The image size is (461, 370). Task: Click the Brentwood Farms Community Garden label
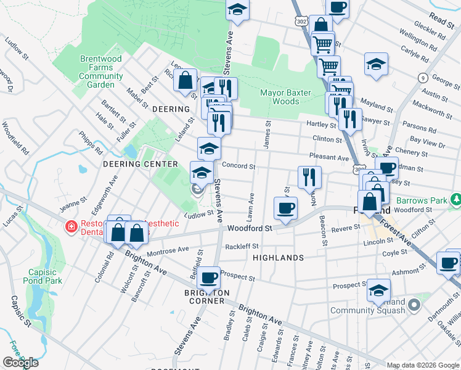[97, 72]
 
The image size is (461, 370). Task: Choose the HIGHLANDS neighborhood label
[278, 258]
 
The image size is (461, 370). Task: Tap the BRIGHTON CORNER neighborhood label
[206, 297]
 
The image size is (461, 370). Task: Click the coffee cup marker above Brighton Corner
[209, 278]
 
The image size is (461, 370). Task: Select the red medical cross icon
[71, 226]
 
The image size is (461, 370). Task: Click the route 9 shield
[423, 78]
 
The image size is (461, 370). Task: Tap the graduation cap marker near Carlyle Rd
[375, 64]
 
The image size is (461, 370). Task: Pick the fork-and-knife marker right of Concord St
[309, 176]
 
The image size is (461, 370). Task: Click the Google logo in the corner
[20, 363]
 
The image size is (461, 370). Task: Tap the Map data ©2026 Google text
[423, 365]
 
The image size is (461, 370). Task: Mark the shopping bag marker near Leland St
[185, 80]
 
